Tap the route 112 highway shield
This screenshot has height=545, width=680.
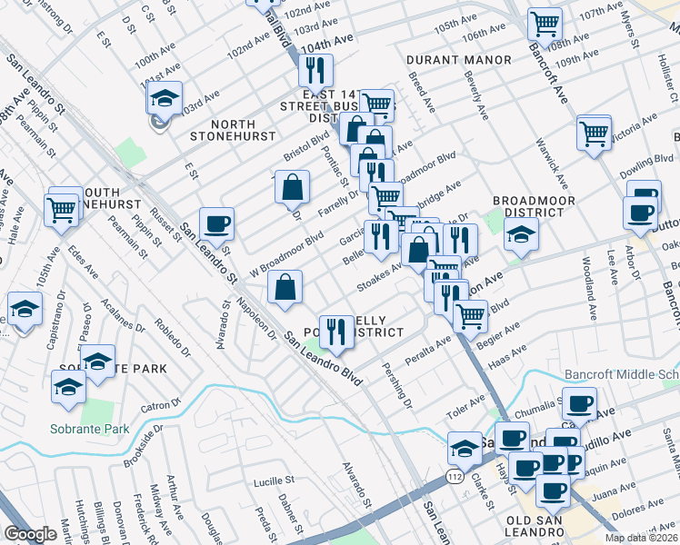click(x=454, y=477)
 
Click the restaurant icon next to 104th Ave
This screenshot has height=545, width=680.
click(x=315, y=69)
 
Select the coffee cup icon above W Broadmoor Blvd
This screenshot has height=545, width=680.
click(x=217, y=223)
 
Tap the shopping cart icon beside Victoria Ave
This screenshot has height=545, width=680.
click(x=594, y=132)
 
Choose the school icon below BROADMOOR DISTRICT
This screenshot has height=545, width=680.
click(x=522, y=234)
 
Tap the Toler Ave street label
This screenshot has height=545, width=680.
click(x=465, y=401)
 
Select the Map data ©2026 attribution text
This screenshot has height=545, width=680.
click(x=643, y=537)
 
